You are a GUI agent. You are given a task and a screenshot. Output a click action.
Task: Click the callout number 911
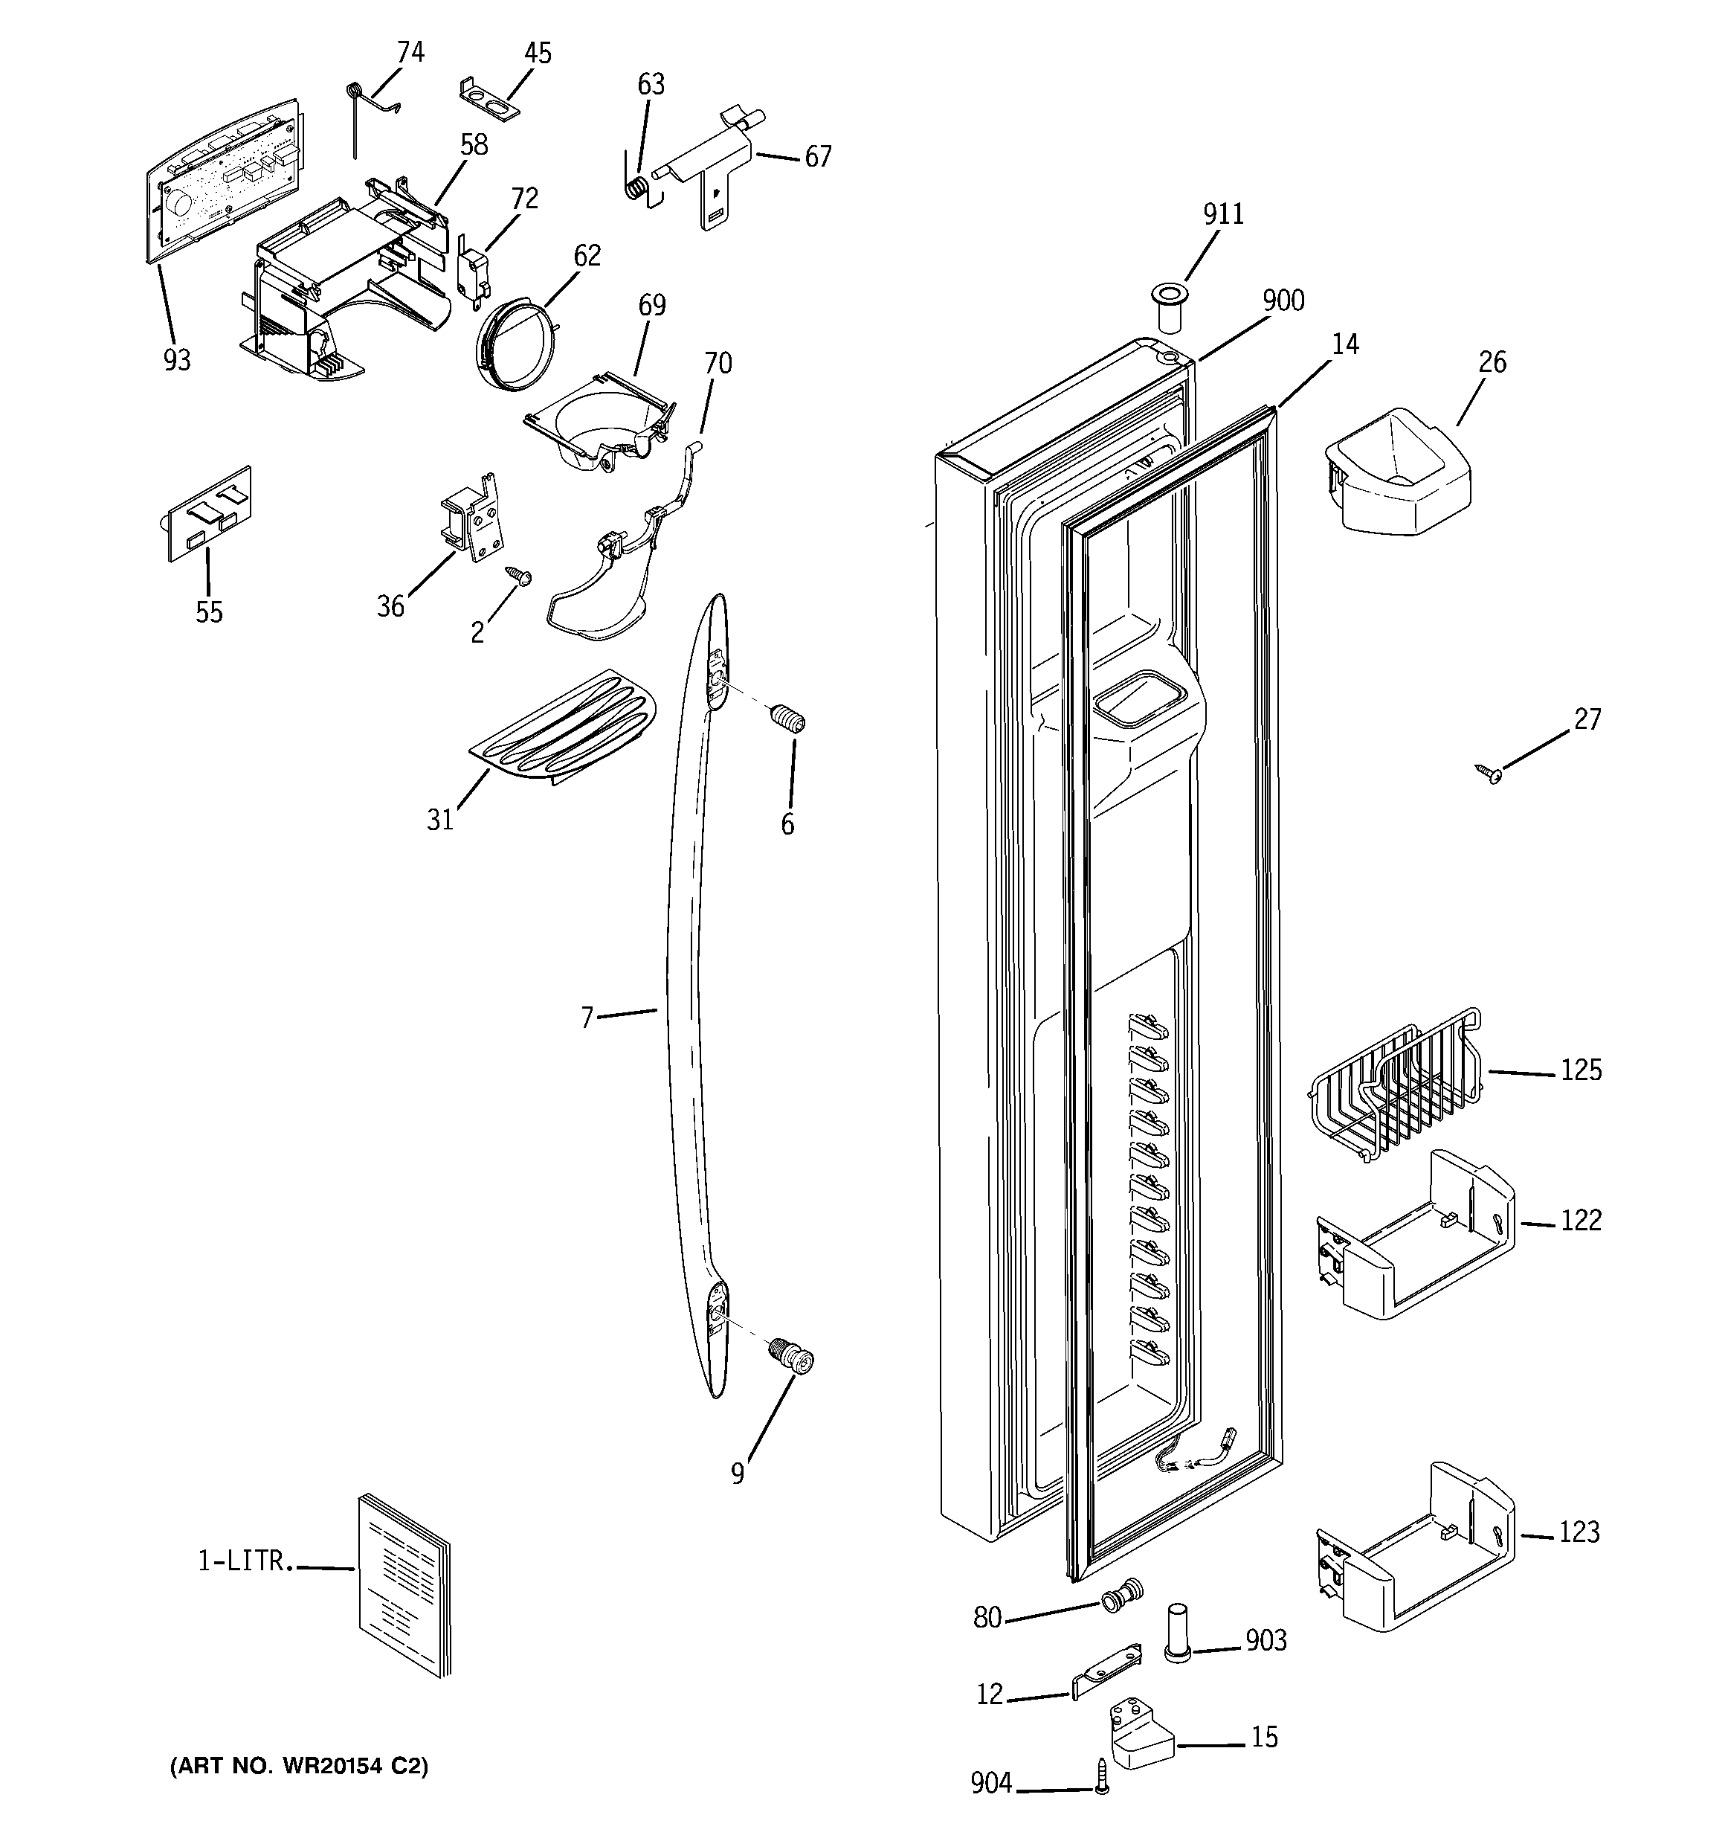point(1222,214)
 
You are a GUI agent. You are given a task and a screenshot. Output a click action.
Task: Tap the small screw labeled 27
point(1489,774)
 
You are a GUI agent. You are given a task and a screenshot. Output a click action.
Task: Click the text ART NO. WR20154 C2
point(299,1766)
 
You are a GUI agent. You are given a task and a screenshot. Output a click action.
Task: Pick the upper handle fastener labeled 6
point(788,719)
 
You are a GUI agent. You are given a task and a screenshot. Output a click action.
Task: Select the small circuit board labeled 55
point(209,515)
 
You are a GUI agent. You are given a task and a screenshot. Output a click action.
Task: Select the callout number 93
point(177,359)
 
